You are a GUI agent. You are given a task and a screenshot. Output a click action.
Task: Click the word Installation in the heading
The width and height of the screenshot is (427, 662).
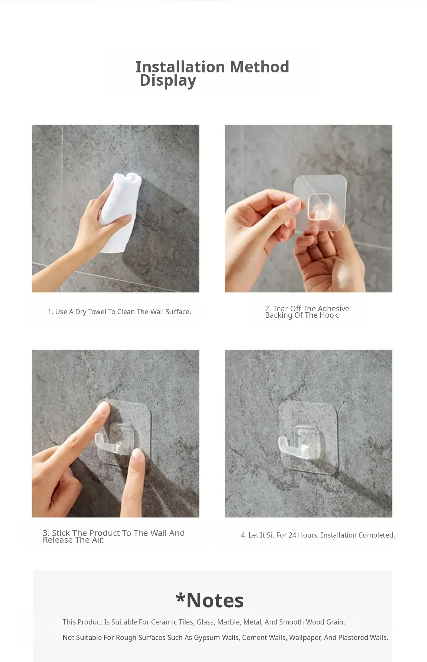coord(180,67)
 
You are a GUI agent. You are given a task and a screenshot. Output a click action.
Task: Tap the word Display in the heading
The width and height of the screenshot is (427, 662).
coord(168,81)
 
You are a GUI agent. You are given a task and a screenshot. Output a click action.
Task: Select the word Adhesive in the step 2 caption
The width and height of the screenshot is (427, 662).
coord(333,309)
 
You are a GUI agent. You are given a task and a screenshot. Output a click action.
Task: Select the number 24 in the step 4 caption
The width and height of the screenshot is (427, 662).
coord(292,535)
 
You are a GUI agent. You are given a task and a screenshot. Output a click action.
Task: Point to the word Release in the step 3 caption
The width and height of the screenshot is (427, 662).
coord(58,540)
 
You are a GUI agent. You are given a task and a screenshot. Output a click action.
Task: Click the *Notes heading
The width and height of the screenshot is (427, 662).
coord(210,601)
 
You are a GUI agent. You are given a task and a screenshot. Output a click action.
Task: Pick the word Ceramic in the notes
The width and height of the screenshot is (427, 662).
coord(163,622)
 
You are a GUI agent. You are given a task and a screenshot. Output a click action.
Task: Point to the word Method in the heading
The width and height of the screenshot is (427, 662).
coord(259,67)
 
